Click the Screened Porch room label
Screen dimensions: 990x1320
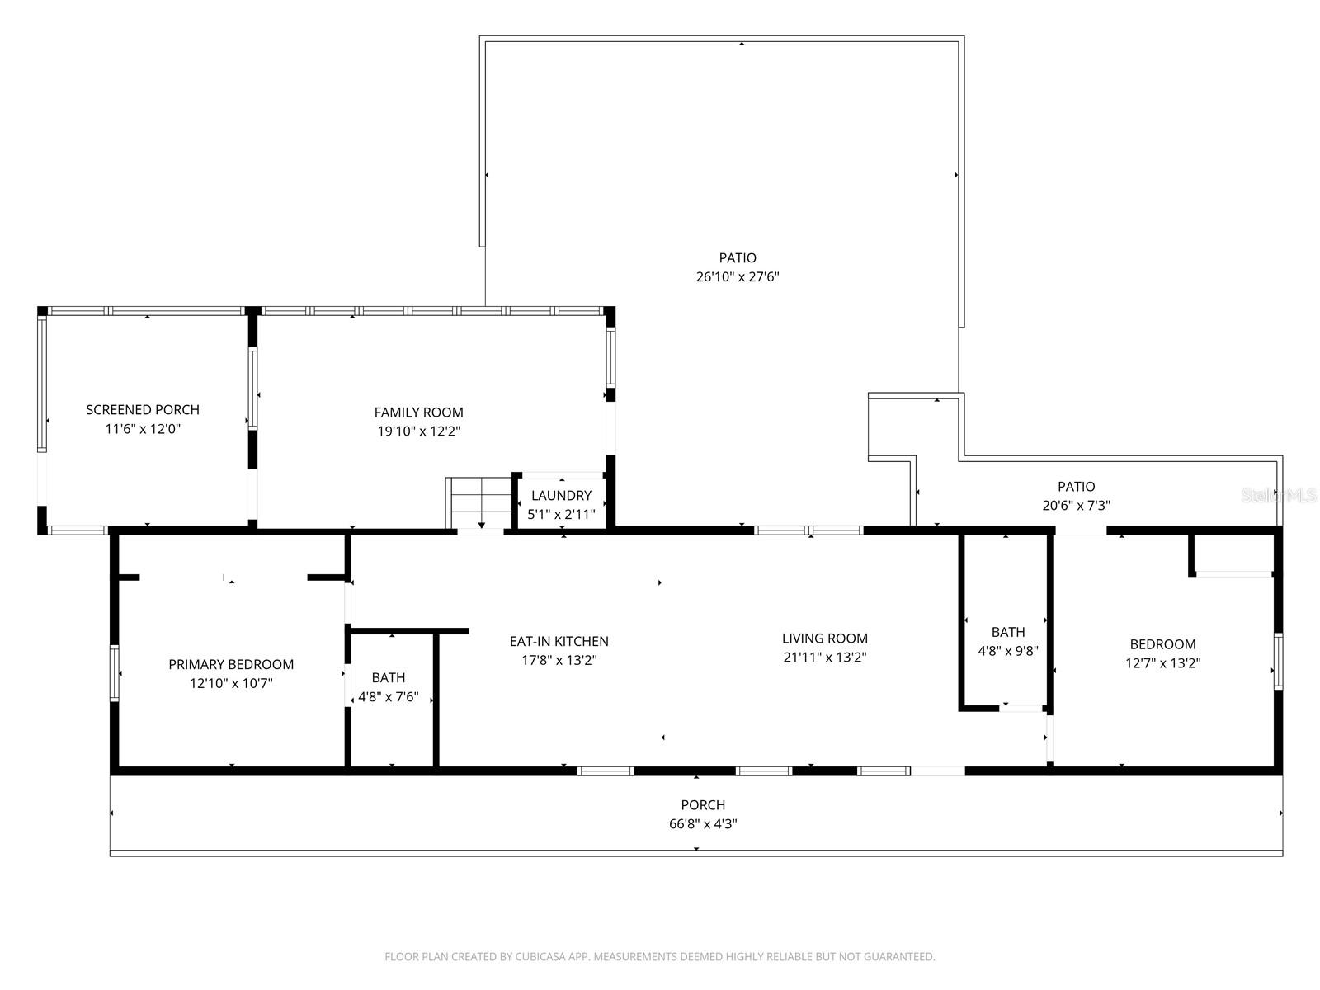pos(143,410)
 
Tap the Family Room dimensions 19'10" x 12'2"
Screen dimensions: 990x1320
pos(419,431)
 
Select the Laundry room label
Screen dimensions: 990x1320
pos(561,496)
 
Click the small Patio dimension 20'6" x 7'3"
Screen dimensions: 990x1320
pos(1077,506)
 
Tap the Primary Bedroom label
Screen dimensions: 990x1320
pos(231,665)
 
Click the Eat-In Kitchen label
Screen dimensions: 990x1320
pos(559,642)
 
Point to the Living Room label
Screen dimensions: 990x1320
pos(825,639)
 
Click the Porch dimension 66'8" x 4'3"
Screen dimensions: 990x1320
pos(703,823)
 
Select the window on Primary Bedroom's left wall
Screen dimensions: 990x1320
pos(115,672)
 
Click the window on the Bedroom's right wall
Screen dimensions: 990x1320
pos(1277,661)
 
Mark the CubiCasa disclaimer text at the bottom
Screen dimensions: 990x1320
pos(660,957)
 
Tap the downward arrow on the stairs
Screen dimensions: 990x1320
pos(481,523)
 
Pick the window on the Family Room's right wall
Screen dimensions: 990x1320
pos(611,357)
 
